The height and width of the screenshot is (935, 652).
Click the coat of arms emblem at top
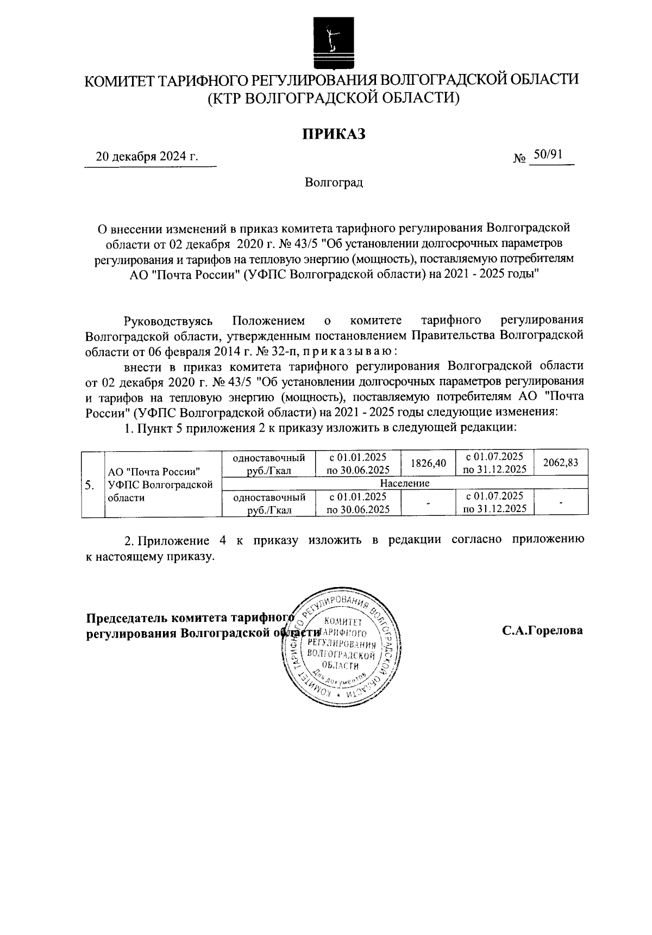tap(333, 40)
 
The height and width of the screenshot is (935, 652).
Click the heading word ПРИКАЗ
tap(333, 133)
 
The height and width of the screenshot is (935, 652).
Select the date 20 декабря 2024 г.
tap(147, 157)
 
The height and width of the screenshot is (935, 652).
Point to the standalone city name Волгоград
tap(333, 183)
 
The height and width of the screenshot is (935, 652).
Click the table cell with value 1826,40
tap(428, 463)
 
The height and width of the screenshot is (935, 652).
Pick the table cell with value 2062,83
tap(561, 463)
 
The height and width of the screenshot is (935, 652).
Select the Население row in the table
tap(405, 483)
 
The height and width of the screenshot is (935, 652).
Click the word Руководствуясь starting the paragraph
tap(171, 320)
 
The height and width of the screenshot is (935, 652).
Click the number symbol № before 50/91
tap(519, 159)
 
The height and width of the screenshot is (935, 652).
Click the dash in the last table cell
tap(561, 503)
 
